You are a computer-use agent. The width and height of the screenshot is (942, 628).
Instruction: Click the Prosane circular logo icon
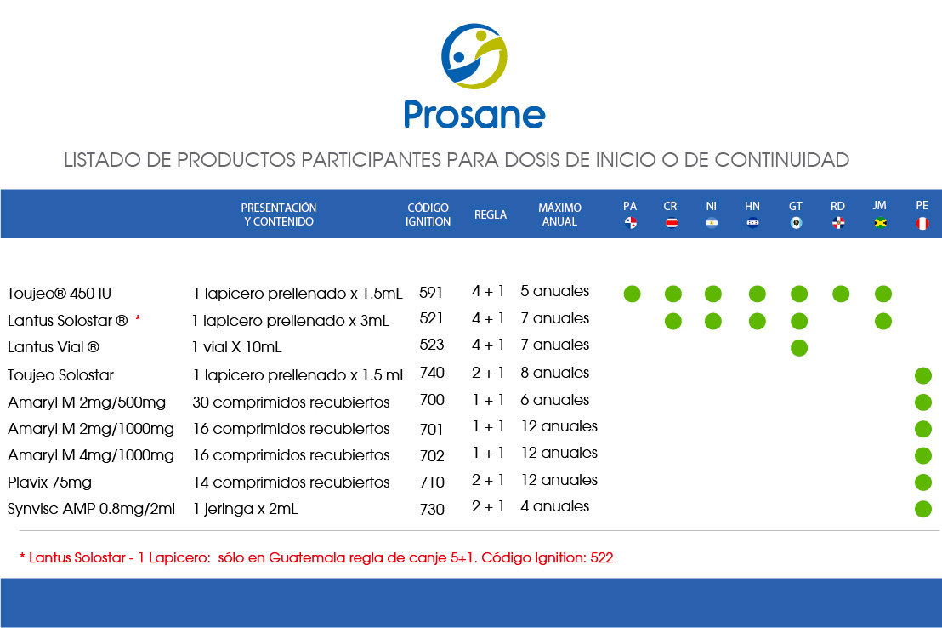[474, 56]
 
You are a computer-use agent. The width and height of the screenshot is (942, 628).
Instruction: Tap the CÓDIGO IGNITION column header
[428, 214]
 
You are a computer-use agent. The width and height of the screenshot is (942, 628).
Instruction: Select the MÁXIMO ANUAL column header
[559, 214]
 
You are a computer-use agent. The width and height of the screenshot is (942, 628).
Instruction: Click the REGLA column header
[491, 214]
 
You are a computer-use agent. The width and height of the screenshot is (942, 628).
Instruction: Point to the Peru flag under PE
[922, 224]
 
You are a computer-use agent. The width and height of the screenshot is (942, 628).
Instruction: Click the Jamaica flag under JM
[880, 223]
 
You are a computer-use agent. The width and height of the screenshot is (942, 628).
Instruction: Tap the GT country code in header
[796, 206]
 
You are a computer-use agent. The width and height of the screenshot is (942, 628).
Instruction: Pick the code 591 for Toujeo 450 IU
[431, 293]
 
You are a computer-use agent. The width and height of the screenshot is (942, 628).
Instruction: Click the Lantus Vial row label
[54, 347]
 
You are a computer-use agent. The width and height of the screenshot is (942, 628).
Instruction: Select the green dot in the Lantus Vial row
[799, 348]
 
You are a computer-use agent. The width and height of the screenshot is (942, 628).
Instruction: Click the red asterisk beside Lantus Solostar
[138, 319]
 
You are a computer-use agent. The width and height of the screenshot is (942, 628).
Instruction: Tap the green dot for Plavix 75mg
[922, 482]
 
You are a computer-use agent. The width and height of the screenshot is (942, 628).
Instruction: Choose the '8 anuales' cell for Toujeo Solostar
[554, 373]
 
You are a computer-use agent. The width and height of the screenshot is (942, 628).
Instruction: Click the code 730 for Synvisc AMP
[432, 510]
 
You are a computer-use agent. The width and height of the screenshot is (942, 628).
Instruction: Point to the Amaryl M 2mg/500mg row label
[87, 402]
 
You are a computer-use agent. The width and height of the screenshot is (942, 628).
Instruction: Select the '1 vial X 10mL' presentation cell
[236, 347]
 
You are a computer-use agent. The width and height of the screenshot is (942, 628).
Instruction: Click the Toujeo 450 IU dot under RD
[841, 294]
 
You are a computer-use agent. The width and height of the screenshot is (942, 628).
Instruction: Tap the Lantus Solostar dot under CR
[672, 321]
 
